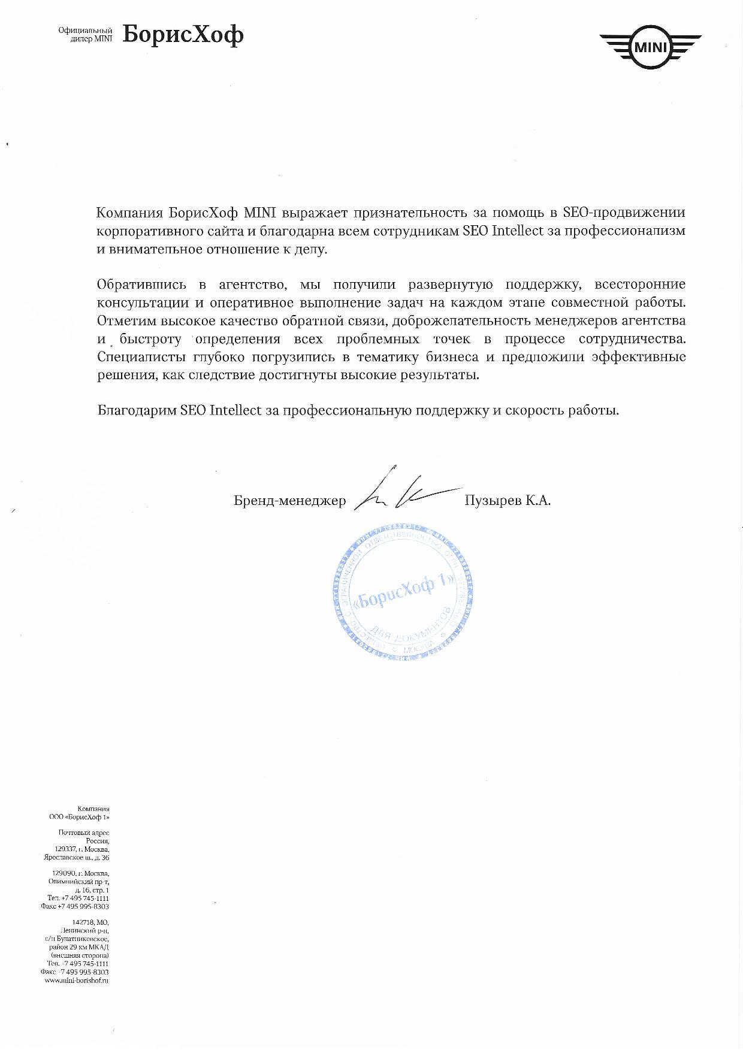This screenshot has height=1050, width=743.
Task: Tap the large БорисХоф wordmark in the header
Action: [183, 35]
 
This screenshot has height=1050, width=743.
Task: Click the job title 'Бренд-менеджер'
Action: [290, 501]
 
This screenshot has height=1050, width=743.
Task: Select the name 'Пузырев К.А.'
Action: [507, 501]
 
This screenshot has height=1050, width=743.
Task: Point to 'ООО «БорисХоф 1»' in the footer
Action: [80, 817]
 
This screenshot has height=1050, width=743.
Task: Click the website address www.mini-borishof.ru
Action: [77, 981]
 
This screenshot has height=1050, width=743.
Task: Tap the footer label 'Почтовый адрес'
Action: [84, 833]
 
